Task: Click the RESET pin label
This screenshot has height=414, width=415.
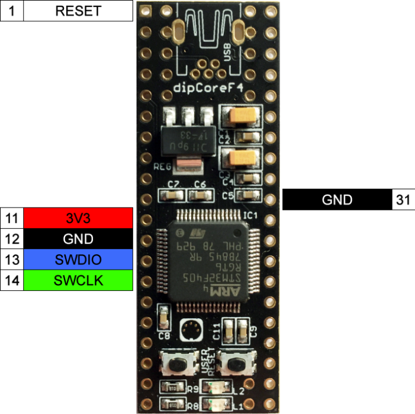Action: [x=78, y=11]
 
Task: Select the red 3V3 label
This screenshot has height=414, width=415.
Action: [x=78, y=218]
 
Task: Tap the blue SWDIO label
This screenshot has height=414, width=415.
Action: [x=78, y=260]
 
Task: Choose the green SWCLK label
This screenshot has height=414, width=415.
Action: [x=78, y=280]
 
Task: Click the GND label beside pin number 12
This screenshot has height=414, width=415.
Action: [x=78, y=239]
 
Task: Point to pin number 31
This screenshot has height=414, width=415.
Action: [x=403, y=200]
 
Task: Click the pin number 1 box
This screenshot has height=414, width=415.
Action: [x=11, y=11]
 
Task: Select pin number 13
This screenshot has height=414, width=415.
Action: [x=11, y=260]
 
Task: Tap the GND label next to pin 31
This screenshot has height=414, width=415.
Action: [x=337, y=200]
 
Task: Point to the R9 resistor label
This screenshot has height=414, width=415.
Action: [x=192, y=389]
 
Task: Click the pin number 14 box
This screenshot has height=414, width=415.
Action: [x=11, y=280]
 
